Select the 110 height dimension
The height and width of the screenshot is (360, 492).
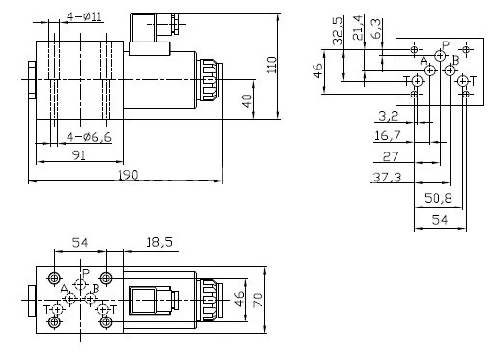coord(272,64)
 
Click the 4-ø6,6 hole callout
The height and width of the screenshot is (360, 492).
coord(85,138)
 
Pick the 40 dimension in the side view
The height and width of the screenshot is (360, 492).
coord(248,100)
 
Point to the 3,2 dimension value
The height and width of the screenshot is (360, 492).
coord(388,116)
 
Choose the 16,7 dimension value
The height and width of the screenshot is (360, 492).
coord(386,137)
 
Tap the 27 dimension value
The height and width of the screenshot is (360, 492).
coord(390,156)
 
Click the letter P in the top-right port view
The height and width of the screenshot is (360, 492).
coord(445,44)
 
